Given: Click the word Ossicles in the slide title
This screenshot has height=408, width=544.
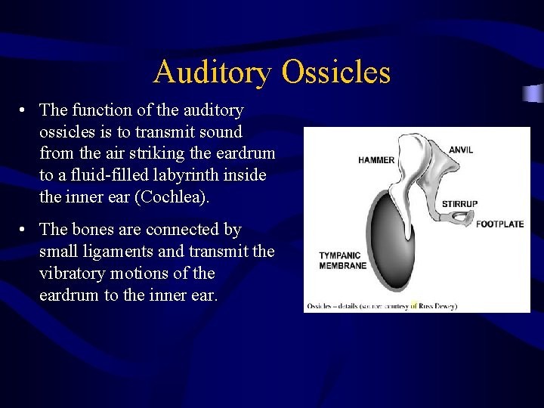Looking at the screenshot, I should pyautogui.click(x=336, y=73).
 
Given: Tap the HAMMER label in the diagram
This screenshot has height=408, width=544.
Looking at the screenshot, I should pyautogui.click(x=376, y=160).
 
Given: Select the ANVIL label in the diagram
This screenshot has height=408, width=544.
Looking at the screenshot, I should pyautogui.click(x=461, y=150).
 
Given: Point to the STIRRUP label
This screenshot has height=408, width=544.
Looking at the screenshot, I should pyautogui.click(x=459, y=204).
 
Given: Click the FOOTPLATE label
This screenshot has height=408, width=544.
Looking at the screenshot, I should pyautogui.click(x=499, y=224).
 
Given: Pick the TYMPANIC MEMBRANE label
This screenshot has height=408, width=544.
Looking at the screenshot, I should pyautogui.click(x=342, y=261).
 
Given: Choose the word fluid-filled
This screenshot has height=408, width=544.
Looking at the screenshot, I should pyautogui.click(x=100, y=176).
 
